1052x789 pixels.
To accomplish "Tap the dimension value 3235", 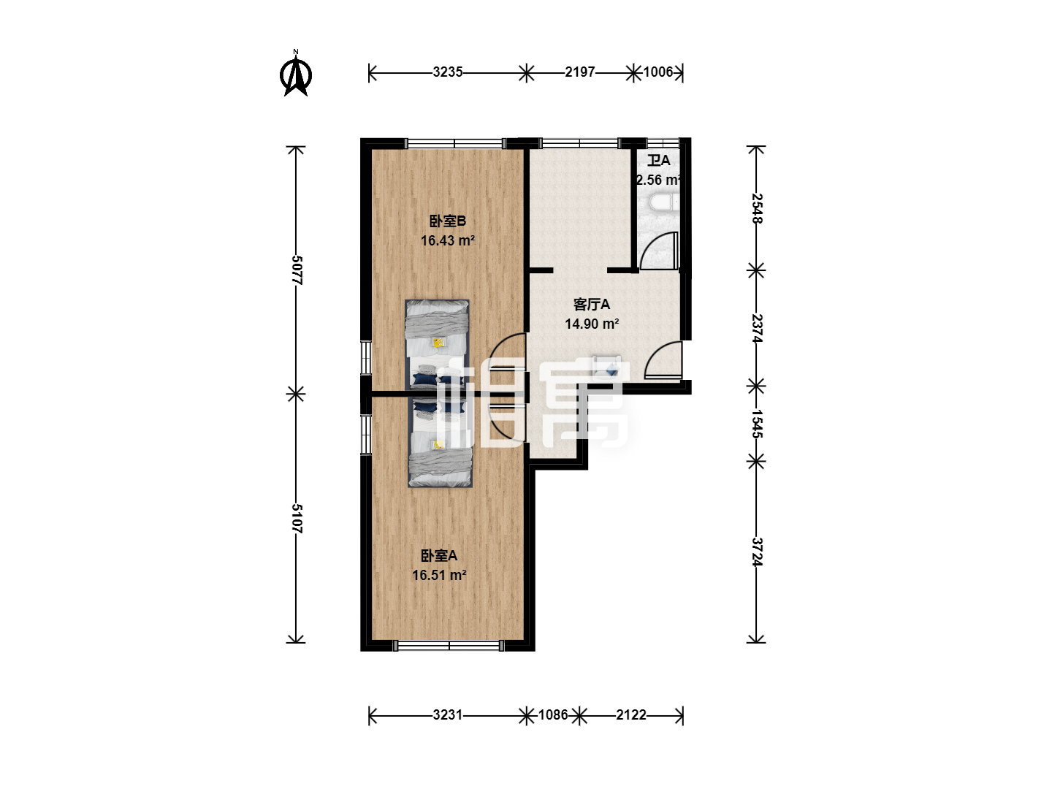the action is pos(448,72).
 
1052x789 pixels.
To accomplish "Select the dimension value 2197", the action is pos(580,72).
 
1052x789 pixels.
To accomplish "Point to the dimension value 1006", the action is pos(658,72).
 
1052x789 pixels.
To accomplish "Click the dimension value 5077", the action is pos(297,270).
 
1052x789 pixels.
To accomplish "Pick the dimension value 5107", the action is pos(297,519).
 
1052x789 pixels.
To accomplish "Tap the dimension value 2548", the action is pos(757,208).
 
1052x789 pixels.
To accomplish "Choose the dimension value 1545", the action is pos(757,424).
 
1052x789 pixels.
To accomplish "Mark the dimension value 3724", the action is pos(757,552).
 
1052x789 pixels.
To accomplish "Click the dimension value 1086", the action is pos(553,715).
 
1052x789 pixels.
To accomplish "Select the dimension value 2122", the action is pos(631,715).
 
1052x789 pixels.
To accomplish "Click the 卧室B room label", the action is pos(447,221).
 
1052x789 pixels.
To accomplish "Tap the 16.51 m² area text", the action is pos(440,575).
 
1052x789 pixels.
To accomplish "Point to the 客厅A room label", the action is pos(592,304).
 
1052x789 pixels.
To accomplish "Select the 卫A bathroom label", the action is pos(658,161).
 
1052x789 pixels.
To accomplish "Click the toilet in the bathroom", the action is pos(663,202).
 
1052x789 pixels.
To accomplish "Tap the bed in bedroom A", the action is pos(440,441).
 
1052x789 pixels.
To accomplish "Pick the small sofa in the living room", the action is pos(607,367).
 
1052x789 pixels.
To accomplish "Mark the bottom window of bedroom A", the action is pos(449,647).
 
